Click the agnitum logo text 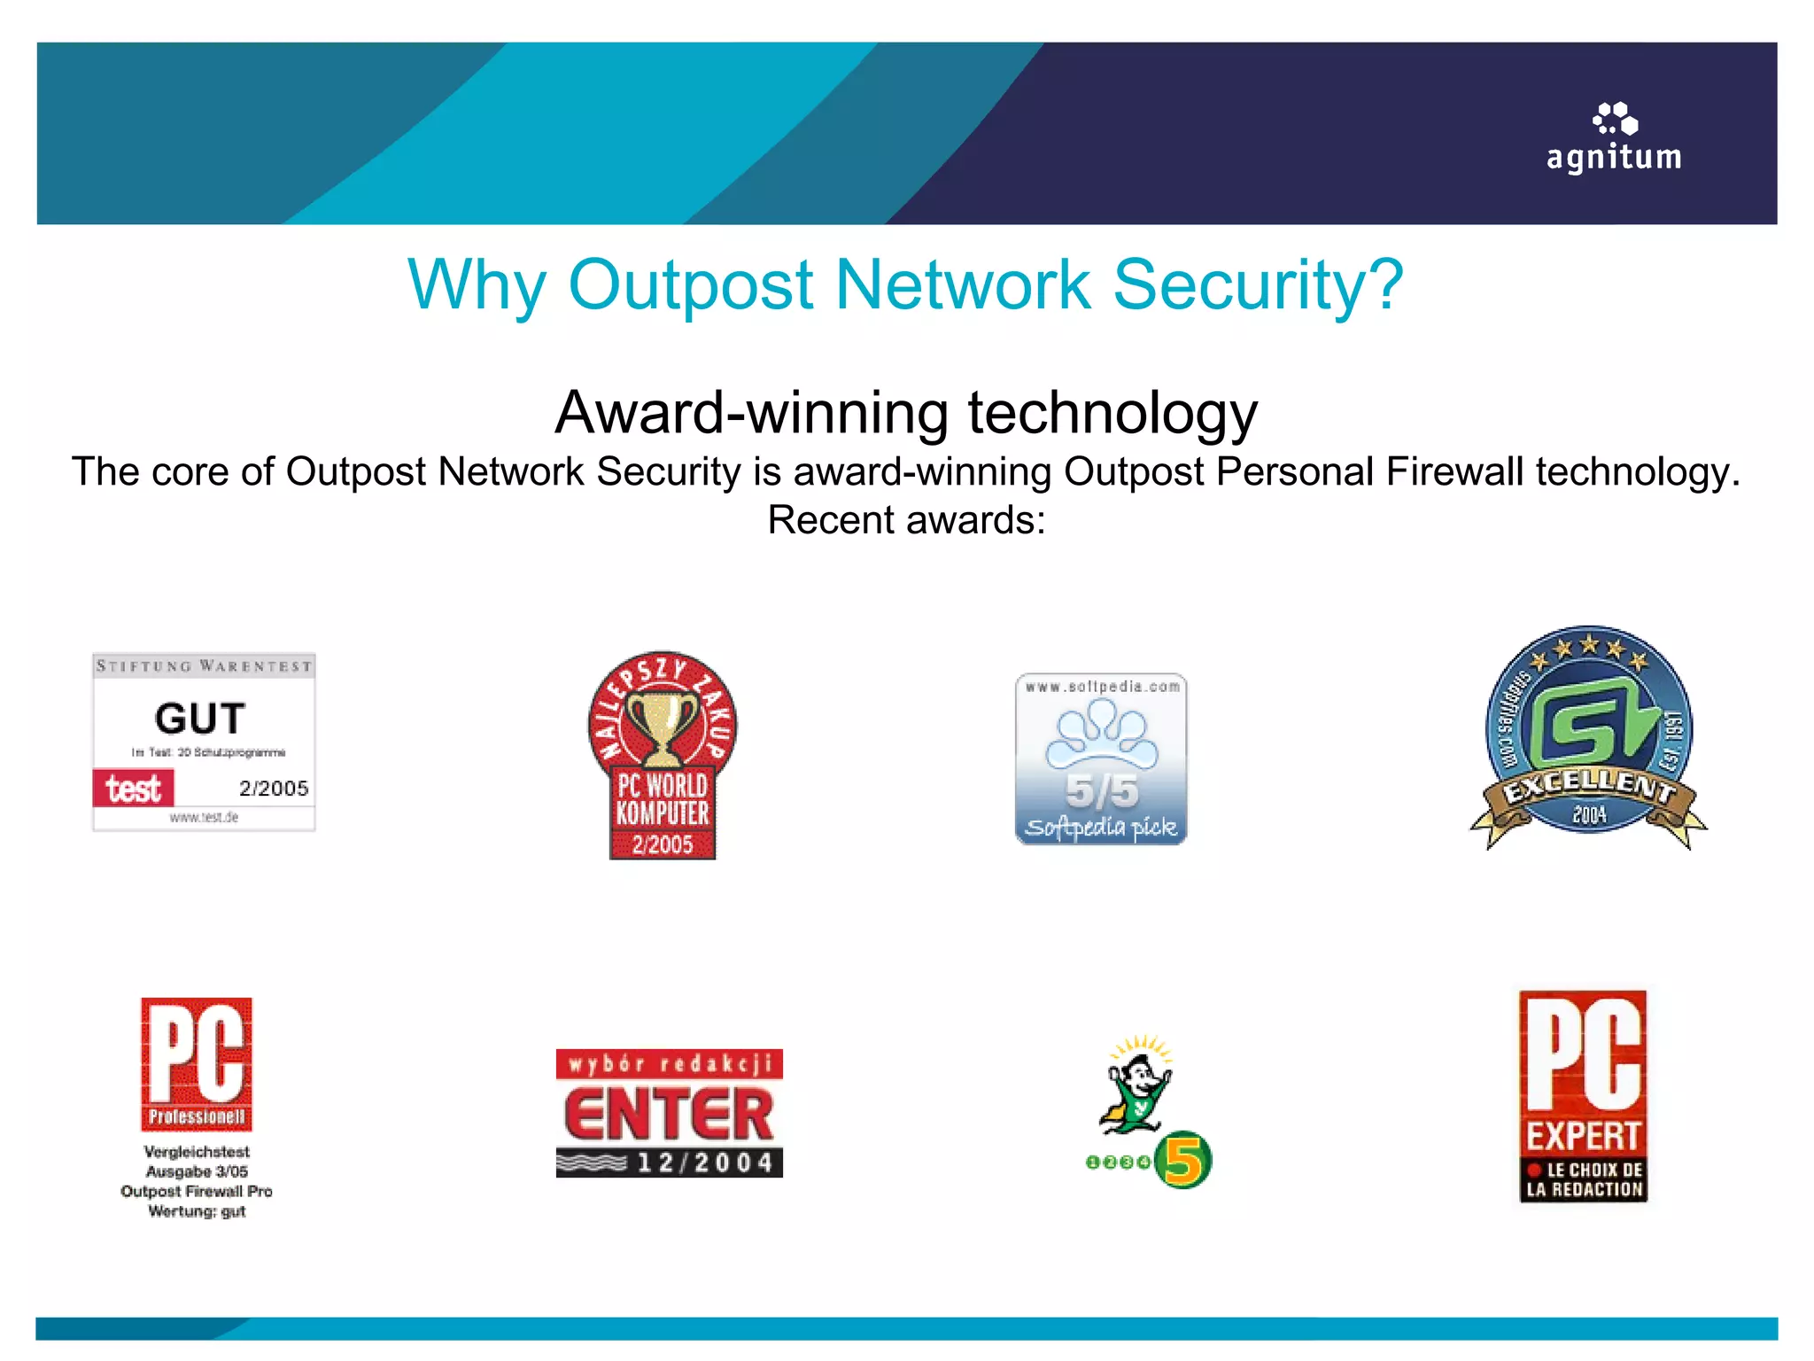[1613, 158]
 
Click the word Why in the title [477, 285]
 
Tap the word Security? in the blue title [1258, 285]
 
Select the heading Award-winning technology [906, 413]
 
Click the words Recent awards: [906, 520]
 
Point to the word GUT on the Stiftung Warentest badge [200, 718]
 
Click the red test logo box [134, 788]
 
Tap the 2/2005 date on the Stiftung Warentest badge [274, 789]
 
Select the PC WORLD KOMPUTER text [663, 799]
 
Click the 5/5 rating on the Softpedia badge [1102, 791]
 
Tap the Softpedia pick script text [1101, 828]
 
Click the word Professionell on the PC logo [197, 1116]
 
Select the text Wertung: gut [197, 1211]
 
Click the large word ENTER [669, 1114]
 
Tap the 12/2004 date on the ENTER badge [705, 1163]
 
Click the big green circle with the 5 [1183, 1160]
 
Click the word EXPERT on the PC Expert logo [1583, 1136]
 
